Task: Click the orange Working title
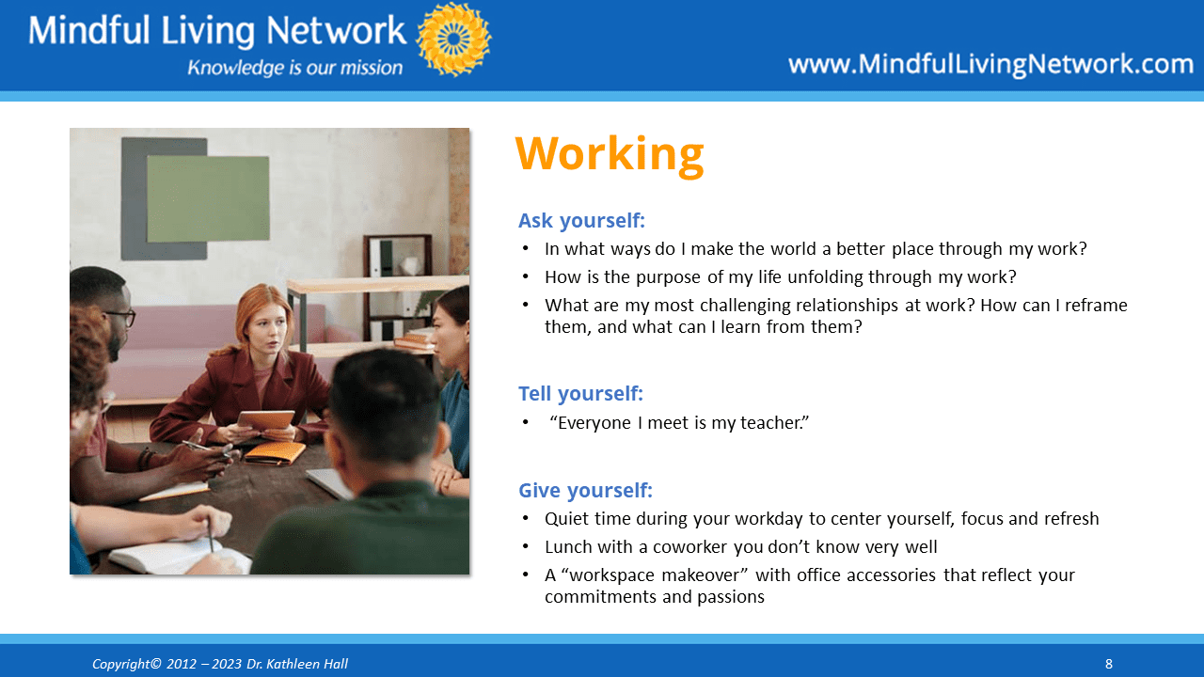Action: [x=610, y=155]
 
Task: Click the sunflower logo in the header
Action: [x=453, y=39]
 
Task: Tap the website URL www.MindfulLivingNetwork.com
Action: [x=990, y=65]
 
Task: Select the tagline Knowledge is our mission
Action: [x=294, y=68]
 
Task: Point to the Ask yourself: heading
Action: [x=581, y=221]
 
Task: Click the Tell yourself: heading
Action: [x=580, y=394]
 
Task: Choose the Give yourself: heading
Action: [x=585, y=491]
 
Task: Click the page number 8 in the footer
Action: [x=1108, y=664]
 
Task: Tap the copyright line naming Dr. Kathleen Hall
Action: [x=220, y=664]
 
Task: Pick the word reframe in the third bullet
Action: [x=1096, y=306]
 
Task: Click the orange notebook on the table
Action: [x=275, y=453]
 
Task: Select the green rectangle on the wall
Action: [x=208, y=198]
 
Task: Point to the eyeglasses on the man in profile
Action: [x=121, y=318]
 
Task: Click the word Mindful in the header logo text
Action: [x=88, y=30]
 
